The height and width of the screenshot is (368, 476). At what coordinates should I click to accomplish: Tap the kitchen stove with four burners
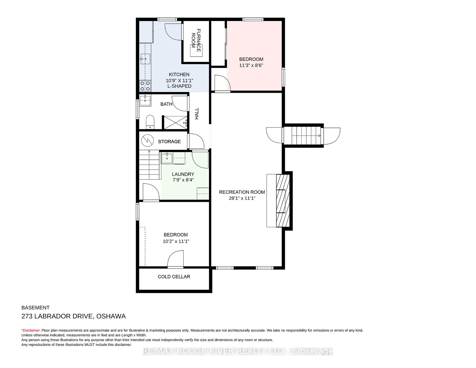point(145,86)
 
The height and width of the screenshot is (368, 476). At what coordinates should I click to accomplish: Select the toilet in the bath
point(150,122)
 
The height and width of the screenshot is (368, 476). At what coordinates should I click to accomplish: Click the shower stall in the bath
point(175,123)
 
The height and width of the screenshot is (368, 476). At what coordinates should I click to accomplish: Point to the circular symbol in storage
point(147,141)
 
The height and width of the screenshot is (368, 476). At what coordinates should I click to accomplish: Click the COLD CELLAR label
point(174,277)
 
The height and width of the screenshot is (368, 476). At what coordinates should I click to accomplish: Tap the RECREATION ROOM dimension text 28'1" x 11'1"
point(242,198)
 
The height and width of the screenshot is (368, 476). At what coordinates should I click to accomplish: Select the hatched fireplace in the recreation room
point(283,201)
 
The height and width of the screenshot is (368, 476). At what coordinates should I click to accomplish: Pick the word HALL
point(197,114)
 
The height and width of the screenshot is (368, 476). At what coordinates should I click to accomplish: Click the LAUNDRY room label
point(183,174)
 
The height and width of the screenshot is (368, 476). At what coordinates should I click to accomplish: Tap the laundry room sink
point(167,158)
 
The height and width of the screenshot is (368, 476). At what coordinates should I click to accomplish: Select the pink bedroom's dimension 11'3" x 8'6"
point(251,66)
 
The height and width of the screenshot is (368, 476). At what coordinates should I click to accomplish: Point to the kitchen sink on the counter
point(145,59)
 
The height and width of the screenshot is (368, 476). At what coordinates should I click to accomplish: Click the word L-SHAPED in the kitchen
point(179,86)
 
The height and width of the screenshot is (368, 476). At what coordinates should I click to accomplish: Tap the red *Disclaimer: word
point(31,330)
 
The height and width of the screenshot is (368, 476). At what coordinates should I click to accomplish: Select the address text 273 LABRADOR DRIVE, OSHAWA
point(73,316)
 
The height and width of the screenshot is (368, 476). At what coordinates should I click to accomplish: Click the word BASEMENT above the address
point(35,308)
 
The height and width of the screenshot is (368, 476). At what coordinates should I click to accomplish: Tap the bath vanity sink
point(145,100)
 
